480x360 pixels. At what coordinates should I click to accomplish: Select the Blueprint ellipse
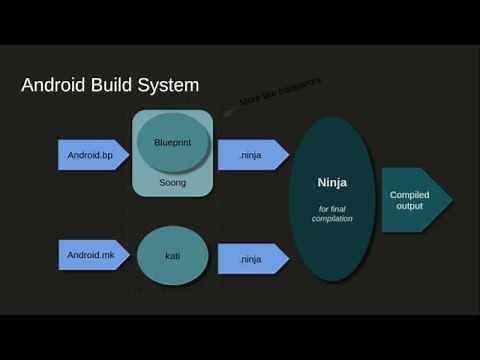pyautogui.click(x=172, y=143)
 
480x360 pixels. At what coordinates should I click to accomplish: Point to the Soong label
pyautogui.click(x=172, y=183)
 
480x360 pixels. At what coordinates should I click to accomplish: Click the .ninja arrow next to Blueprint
pyautogui.click(x=250, y=154)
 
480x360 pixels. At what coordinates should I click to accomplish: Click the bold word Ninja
pyautogui.click(x=331, y=182)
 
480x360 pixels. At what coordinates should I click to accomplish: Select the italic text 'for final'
pyautogui.click(x=331, y=207)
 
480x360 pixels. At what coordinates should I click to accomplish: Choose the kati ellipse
pyautogui.click(x=172, y=257)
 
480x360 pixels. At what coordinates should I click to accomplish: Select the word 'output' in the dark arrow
pyautogui.click(x=407, y=206)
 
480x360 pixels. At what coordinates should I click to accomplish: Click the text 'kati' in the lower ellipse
pyautogui.click(x=172, y=257)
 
